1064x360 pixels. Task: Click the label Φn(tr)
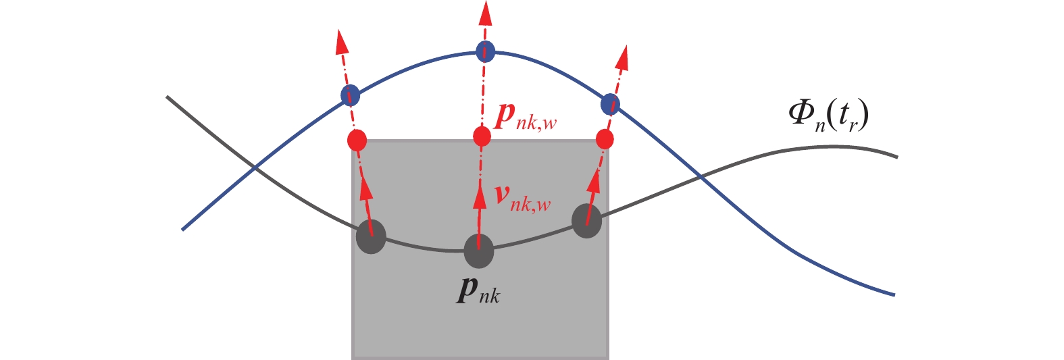click(x=828, y=117)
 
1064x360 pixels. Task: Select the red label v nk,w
click(x=523, y=197)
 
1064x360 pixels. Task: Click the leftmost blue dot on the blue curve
click(x=350, y=95)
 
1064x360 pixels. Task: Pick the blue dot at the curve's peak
click(x=485, y=51)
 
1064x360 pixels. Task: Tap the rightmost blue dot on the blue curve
click(x=610, y=104)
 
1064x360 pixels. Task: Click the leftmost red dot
click(x=357, y=140)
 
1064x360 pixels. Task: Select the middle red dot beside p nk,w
click(x=482, y=136)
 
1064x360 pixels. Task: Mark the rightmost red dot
click(x=605, y=140)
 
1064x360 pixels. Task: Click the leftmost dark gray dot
click(x=371, y=237)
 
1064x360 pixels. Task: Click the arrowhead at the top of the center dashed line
click(x=484, y=14)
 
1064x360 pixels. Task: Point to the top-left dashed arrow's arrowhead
click(x=342, y=41)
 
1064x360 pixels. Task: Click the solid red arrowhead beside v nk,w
click(x=480, y=197)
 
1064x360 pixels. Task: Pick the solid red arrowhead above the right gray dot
click(x=594, y=182)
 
